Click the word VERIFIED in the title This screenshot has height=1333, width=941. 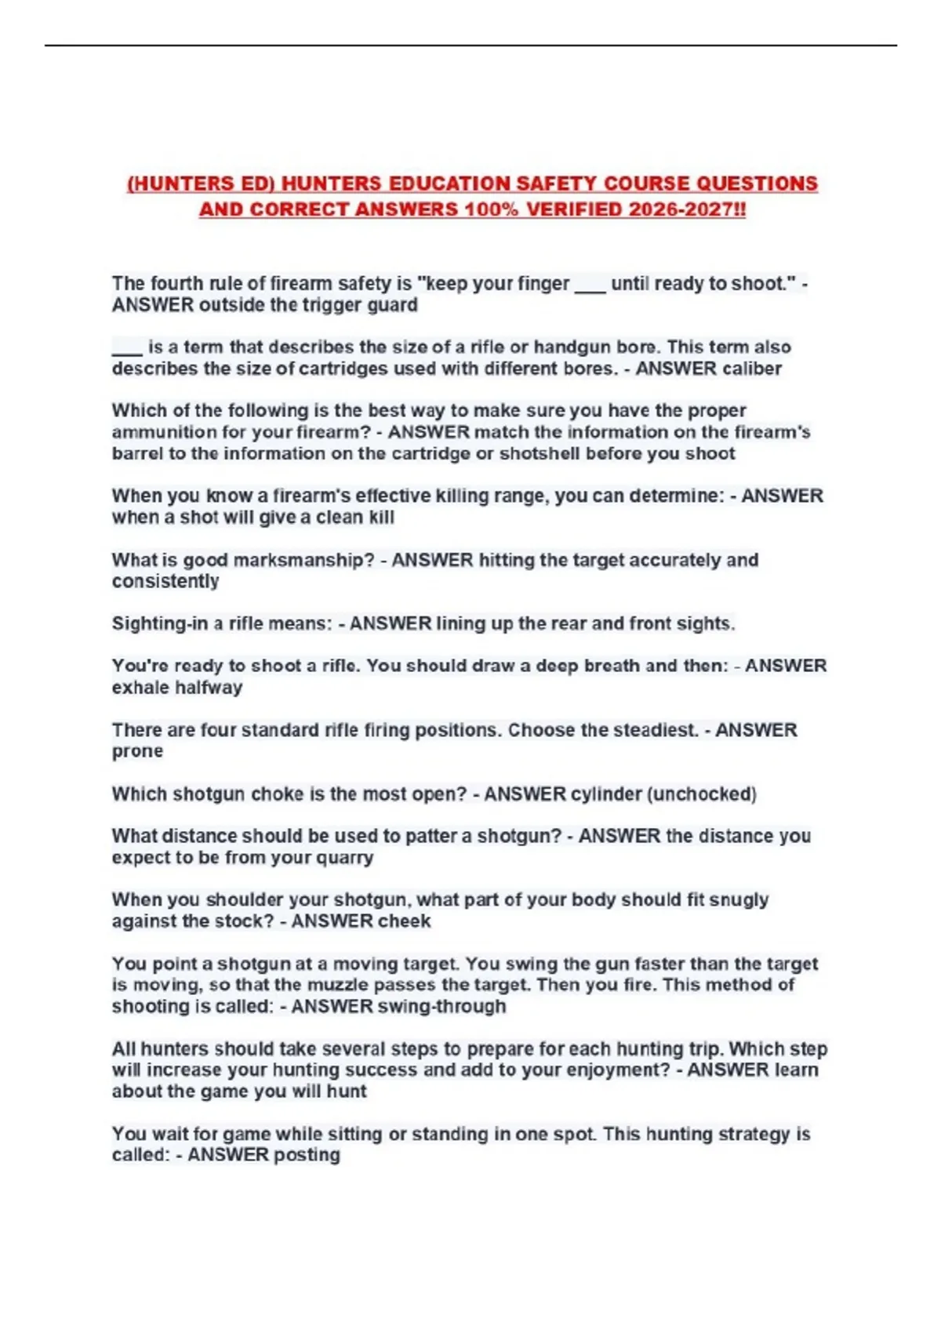click(x=576, y=209)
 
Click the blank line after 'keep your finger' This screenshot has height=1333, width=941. click(x=590, y=285)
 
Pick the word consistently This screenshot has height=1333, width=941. click(x=165, y=581)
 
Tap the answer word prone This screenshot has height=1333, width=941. click(x=137, y=751)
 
